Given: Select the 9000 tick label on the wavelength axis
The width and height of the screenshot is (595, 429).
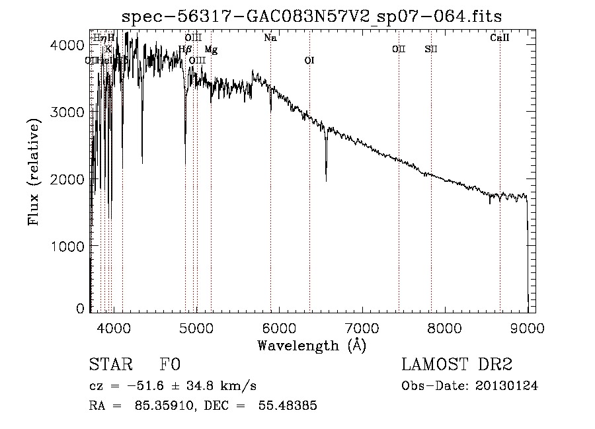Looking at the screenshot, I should (x=527, y=327).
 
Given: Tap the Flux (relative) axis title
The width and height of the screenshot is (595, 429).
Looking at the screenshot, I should (x=34, y=171).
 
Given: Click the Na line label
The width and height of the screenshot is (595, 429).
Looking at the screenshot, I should (x=270, y=38).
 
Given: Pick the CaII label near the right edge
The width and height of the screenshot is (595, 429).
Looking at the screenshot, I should (x=500, y=38).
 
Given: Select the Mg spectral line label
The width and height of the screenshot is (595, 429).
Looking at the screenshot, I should (x=211, y=49).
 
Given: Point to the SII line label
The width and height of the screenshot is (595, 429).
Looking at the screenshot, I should (x=431, y=49).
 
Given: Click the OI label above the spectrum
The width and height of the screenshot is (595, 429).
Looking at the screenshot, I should (x=309, y=60).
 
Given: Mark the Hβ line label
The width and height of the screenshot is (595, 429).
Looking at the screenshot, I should (x=185, y=49).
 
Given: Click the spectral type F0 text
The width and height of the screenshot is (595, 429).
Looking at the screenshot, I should (x=170, y=366).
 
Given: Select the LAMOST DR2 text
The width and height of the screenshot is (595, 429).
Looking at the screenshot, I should (x=456, y=366).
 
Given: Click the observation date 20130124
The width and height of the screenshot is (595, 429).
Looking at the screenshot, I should (x=507, y=386).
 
